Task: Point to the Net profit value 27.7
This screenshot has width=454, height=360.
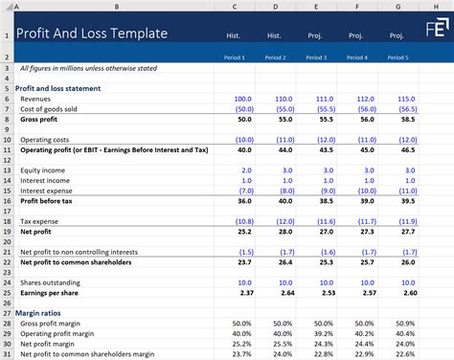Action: (392, 231)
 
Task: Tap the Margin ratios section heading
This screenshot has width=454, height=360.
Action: (43, 312)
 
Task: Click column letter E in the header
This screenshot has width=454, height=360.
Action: (314, 7)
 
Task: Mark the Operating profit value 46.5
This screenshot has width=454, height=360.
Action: (392, 150)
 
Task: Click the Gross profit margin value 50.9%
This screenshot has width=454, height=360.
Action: (390, 325)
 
